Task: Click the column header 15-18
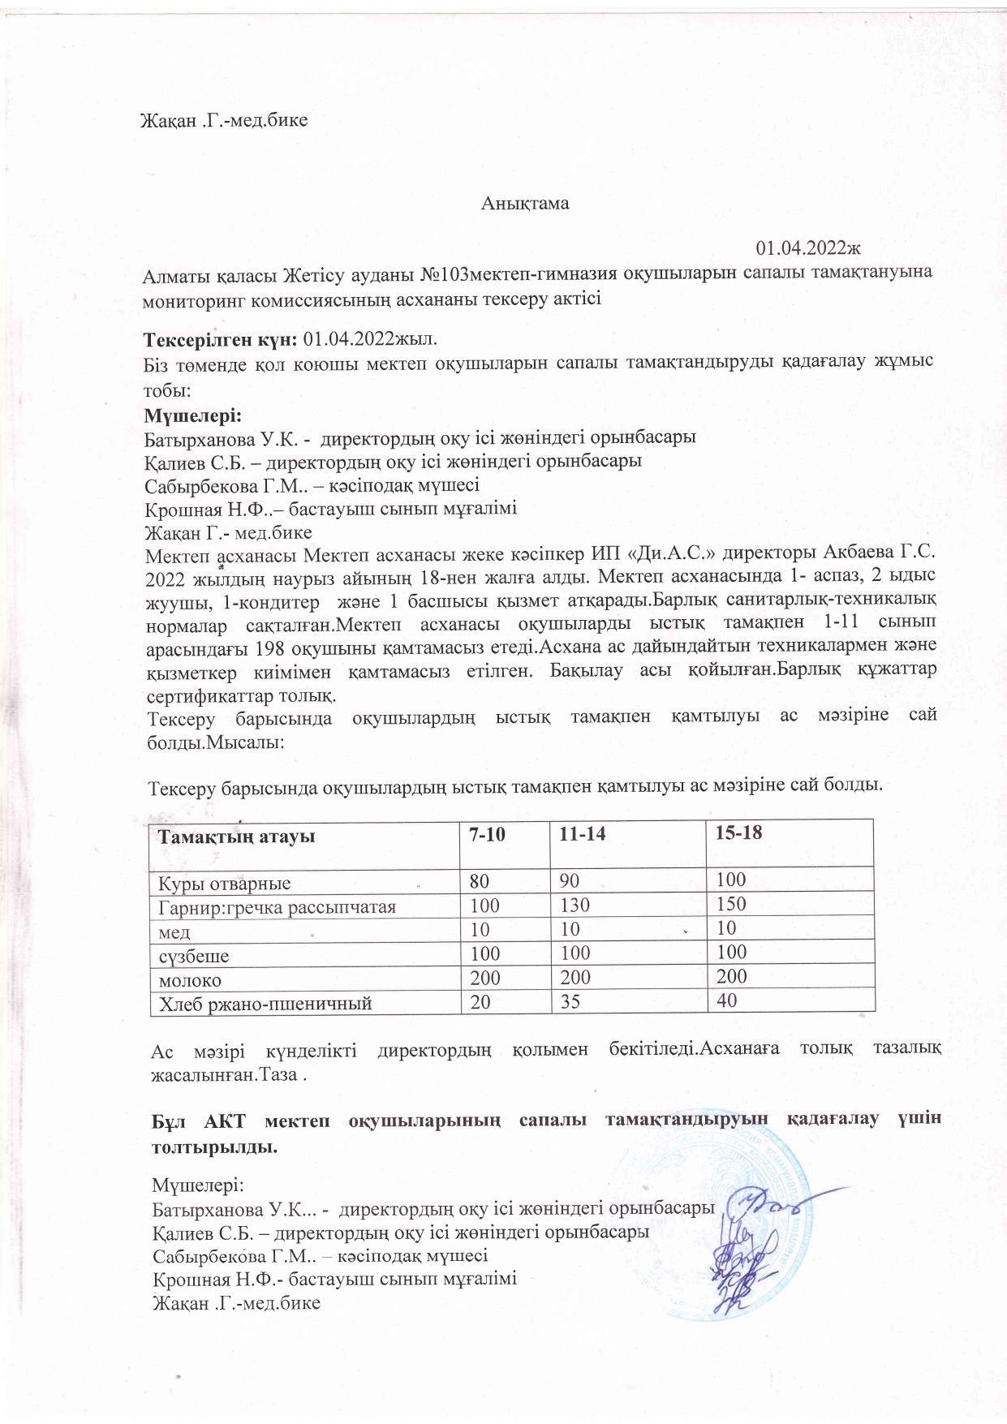point(734,834)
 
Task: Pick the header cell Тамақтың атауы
point(238,836)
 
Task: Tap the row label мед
point(170,931)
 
